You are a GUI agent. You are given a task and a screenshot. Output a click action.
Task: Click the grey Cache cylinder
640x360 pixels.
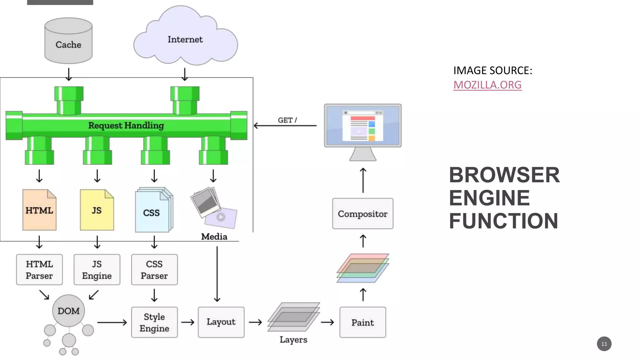[68, 41]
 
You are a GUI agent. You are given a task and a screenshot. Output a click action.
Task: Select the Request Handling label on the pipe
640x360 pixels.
[126, 125]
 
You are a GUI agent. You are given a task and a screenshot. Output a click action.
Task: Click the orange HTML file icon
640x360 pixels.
[39, 210]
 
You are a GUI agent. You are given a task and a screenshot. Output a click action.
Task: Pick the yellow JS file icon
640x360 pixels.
[97, 210]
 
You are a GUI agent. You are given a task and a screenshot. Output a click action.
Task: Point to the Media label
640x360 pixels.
[214, 237]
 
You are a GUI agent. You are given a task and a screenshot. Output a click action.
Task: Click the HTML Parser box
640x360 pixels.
[39, 270]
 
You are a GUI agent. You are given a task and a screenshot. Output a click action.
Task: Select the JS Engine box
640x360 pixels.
[97, 270]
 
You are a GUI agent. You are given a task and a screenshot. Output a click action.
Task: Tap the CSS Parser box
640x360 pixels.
[154, 270]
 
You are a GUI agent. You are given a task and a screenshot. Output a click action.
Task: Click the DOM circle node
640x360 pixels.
[68, 311]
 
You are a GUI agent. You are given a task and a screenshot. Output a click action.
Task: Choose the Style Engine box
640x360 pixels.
[154, 322]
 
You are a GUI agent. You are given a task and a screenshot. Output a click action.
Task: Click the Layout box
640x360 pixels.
[221, 322]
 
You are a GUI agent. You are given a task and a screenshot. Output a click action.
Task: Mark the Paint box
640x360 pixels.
[362, 322]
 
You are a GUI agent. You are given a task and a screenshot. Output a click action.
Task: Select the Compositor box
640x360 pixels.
[362, 214]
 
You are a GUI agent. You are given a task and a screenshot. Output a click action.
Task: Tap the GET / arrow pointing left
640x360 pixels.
[285, 126]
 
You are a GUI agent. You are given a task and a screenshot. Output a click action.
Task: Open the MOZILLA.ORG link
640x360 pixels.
[487, 85]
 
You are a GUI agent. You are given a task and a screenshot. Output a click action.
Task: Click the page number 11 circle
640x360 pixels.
[604, 344]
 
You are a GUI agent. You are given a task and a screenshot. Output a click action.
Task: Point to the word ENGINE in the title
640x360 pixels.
[489, 198]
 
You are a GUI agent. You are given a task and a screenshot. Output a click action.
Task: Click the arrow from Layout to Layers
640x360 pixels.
[255, 322]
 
